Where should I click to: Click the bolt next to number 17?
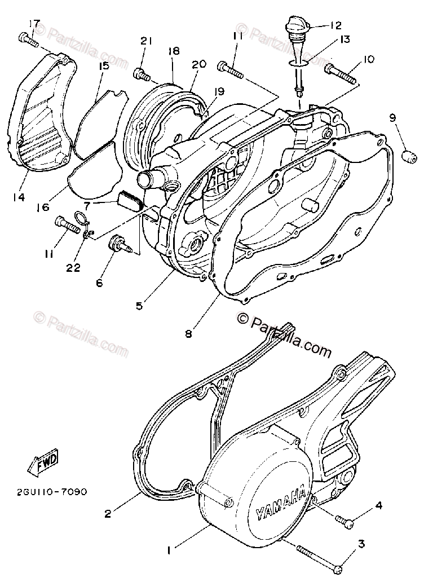pos(26,39)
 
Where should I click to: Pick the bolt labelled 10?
pos(341,72)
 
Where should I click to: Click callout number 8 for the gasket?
pos(188,333)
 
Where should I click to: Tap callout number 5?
pos(139,307)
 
